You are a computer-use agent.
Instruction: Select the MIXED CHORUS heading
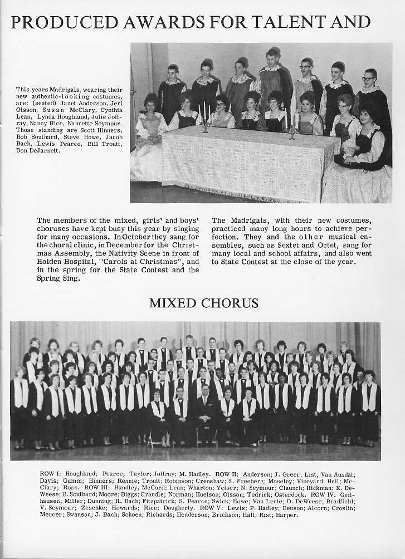point(203,303)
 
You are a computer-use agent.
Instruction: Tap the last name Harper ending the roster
point(287,514)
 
